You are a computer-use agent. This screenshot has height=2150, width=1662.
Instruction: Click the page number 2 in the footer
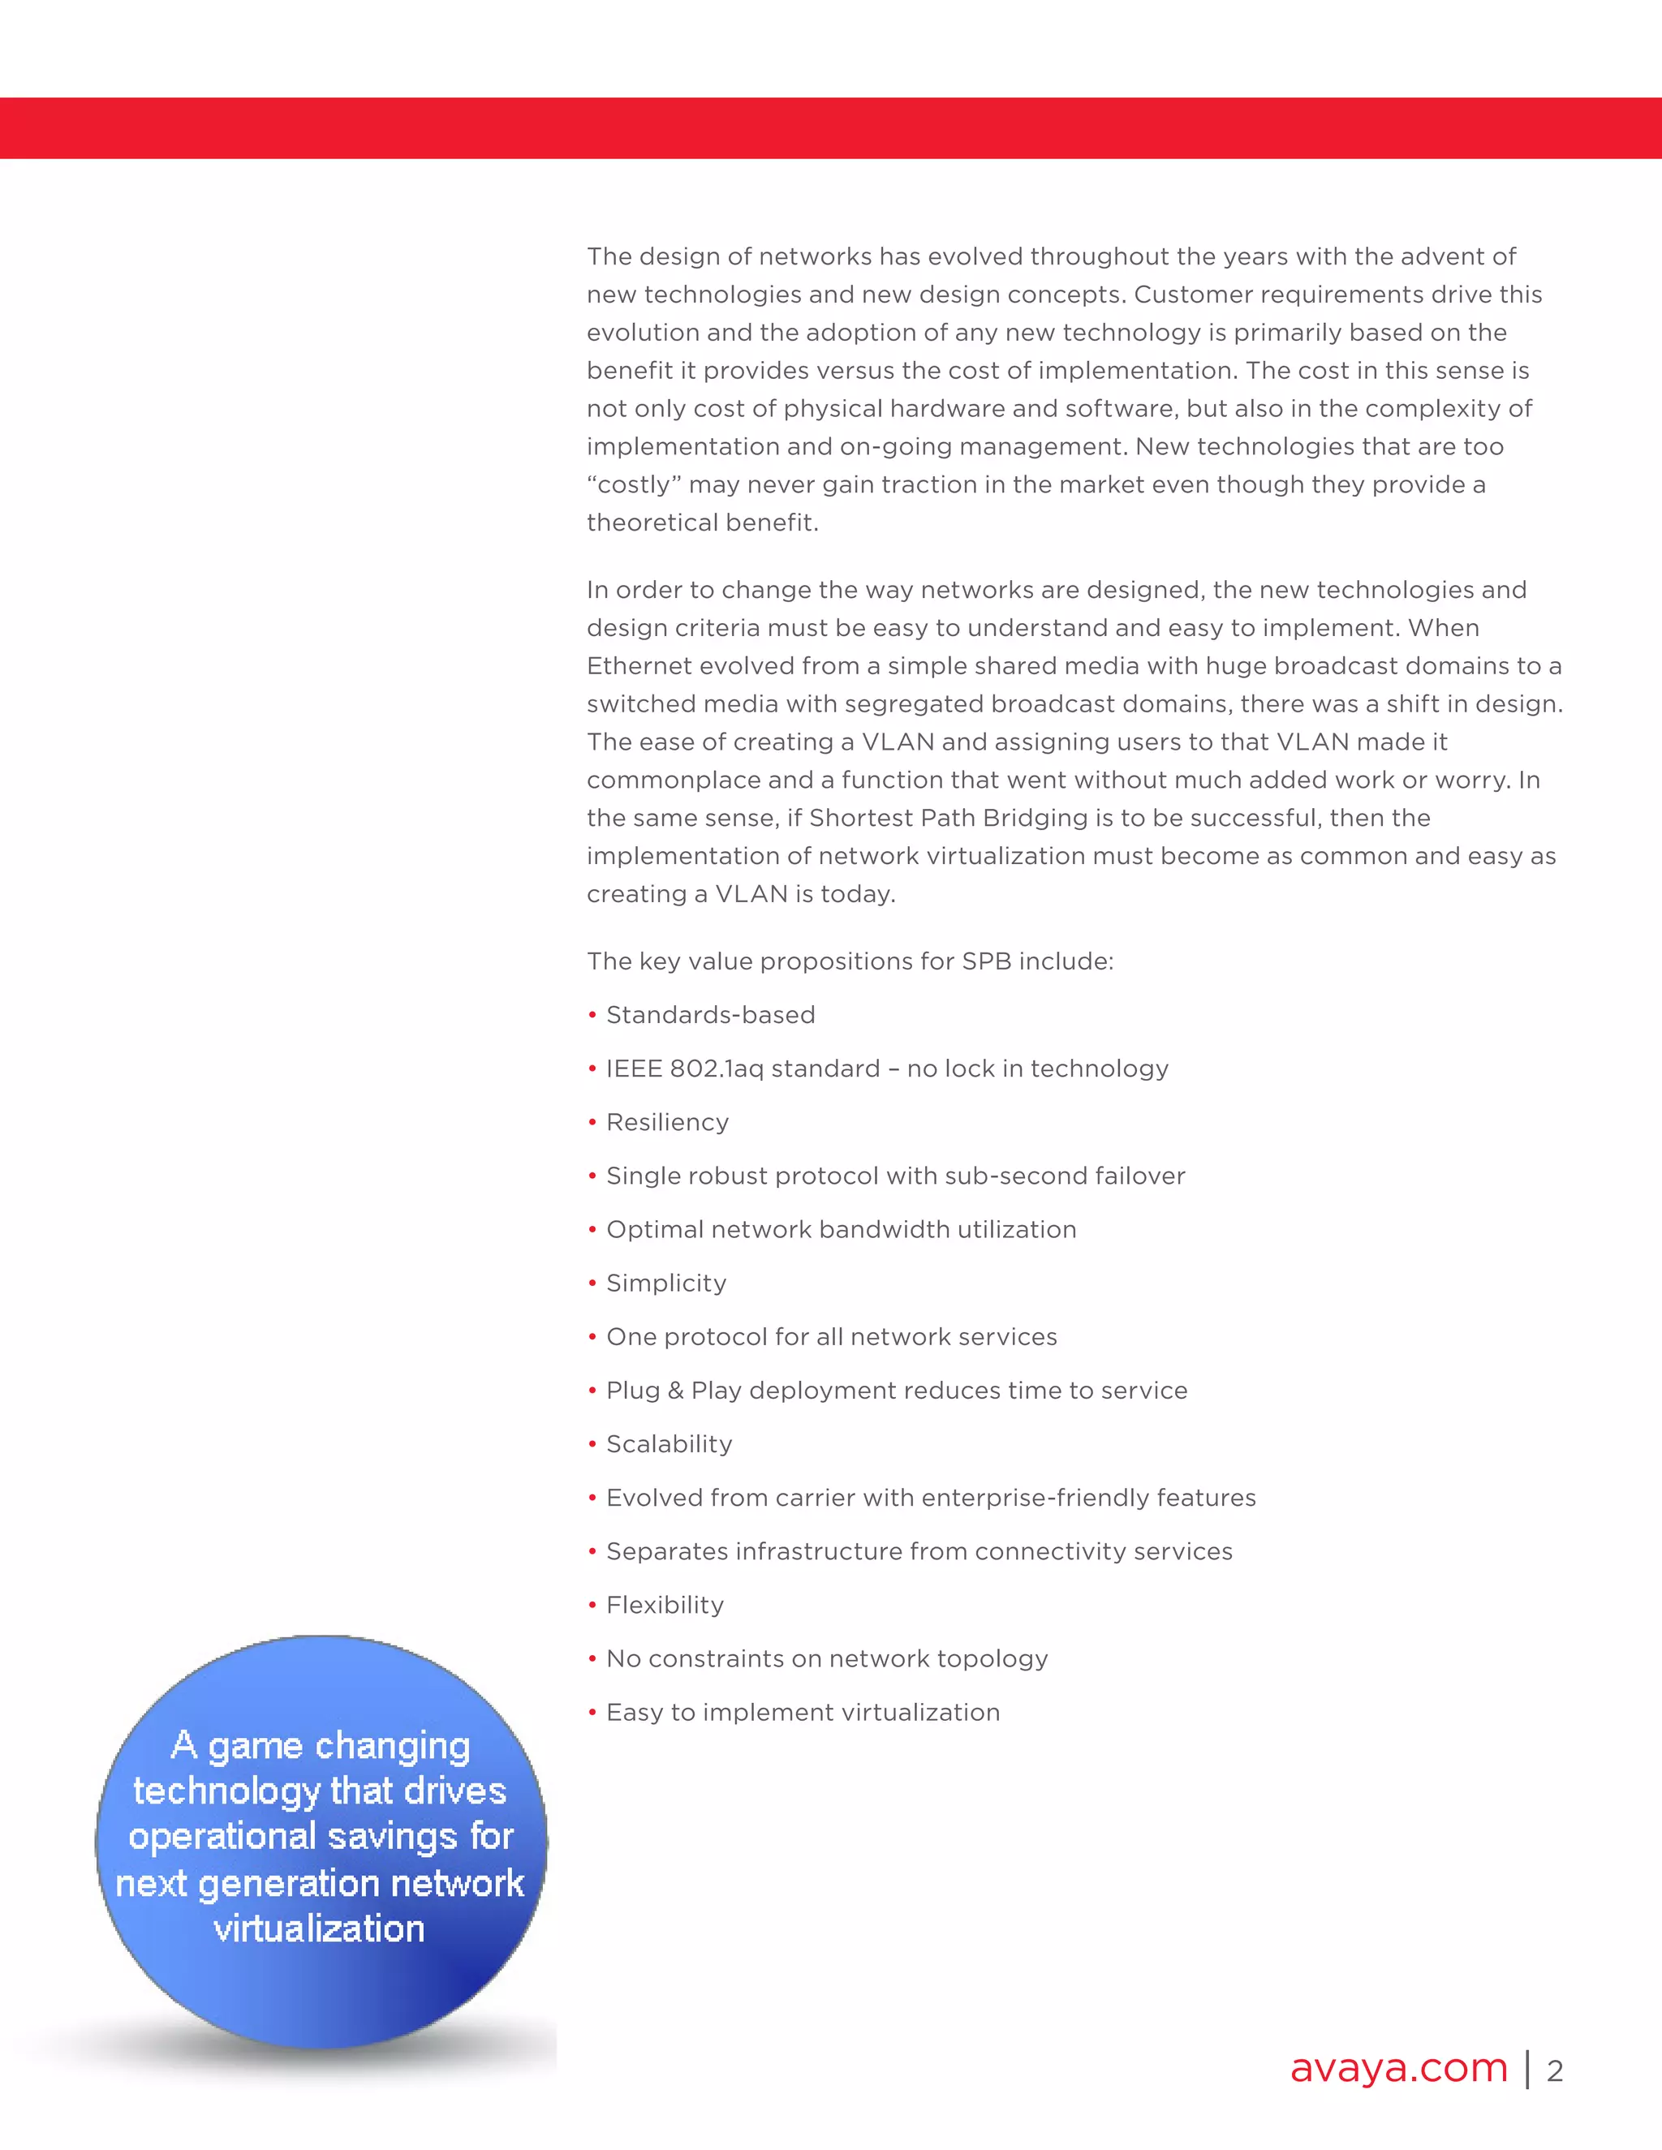[x=1555, y=2071]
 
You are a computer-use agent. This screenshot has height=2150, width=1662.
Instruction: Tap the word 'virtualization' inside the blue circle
[x=319, y=1929]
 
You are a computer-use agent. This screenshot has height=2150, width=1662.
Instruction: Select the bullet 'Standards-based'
[x=710, y=1015]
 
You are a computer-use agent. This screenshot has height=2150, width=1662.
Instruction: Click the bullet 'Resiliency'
[x=666, y=1122]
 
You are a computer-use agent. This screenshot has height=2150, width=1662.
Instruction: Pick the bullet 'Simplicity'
[x=665, y=1283]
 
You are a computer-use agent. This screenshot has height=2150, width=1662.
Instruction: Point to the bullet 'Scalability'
[x=669, y=1444]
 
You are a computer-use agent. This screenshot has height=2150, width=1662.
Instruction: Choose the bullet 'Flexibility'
[x=665, y=1605]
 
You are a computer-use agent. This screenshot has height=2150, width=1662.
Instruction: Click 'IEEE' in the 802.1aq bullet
[x=633, y=1069]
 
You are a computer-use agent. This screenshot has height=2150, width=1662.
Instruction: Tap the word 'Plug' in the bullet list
[x=632, y=1391]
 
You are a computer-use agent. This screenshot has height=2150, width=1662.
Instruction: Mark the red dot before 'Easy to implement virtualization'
[x=592, y=1714]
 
